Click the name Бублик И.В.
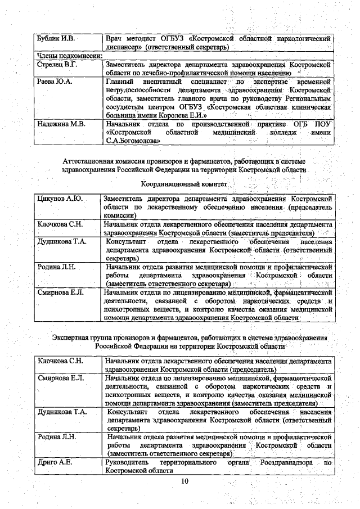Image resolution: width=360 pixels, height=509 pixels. [x=56, y=39]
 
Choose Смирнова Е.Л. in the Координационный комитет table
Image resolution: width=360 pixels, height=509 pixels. [x=60, y=292]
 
